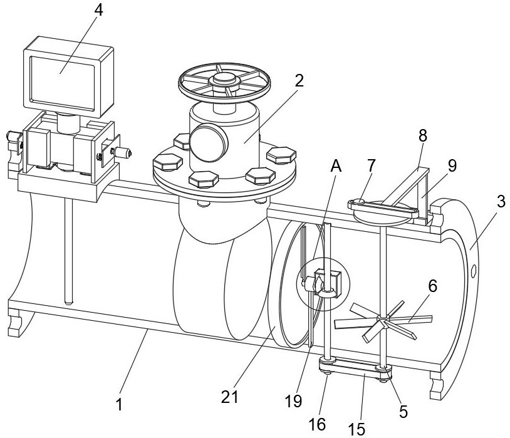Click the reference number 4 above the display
tap(98, 11)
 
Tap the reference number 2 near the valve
tap(299, 80)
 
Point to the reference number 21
tap(230, 397)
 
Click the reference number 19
tap(293, 401)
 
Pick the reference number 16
tap(318, 424)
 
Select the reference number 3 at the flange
tap(501, 202)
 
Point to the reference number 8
tap(422, 136)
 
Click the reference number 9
tap(452, 165)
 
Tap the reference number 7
tap(371, 165)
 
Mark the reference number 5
tap(403, 412)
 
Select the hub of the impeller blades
tap(384, 318)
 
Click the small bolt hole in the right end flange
tap(474, 271)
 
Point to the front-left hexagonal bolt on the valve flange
tap(167, 162)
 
